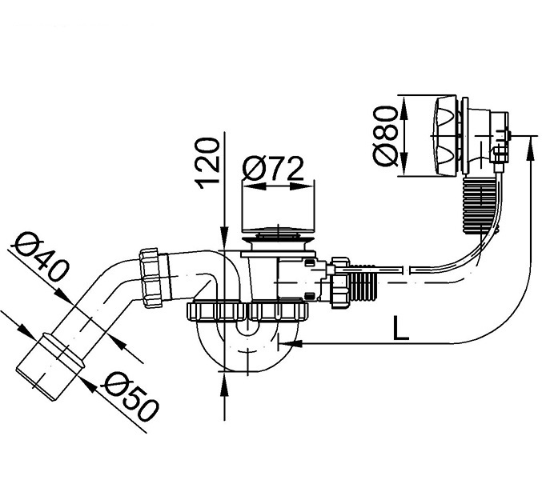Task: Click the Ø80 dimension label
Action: [x=385, y=136]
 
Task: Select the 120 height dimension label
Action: [x=207, y=163]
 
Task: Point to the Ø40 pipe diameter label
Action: [x=41, y=256]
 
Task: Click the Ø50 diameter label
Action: [x=129, y=397]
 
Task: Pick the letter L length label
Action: [x=401, y=328]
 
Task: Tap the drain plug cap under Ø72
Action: [x=279, y=234]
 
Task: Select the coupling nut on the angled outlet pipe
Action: [x=151, y=278]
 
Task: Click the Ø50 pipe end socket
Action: [x=50, y=366]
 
